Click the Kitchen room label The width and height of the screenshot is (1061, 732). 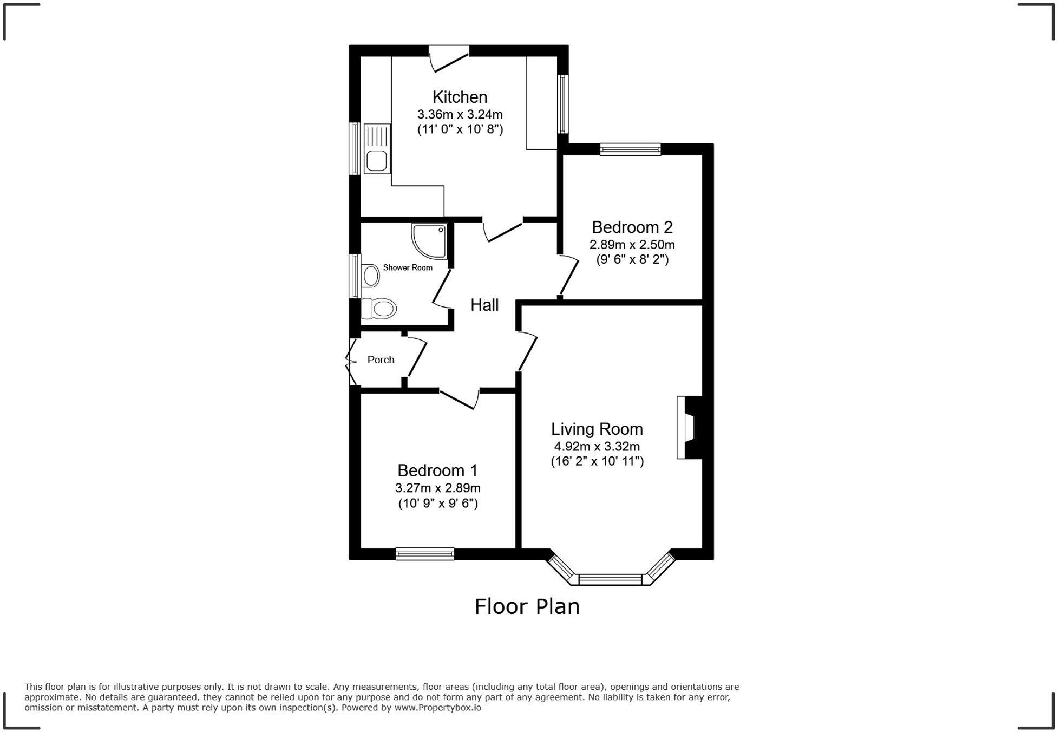[x=460, y=97]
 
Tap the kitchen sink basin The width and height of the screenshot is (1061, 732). [x=376, y=161]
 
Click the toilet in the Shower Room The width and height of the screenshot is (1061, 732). [x=380, y=309]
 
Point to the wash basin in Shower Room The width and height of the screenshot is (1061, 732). [x=371, y=276]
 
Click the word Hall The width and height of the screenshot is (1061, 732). [x=484, y=305]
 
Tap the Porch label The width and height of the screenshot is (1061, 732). [x=381, y=360]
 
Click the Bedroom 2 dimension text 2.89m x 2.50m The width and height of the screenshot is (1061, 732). [x=632, y=245]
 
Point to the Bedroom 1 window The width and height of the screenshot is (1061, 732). [x=424, y=553]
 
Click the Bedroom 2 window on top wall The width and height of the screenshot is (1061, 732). [x=630, y=149]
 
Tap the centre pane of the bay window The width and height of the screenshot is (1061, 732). [x=610, y=580]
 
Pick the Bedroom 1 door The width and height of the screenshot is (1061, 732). [x=459, y=400]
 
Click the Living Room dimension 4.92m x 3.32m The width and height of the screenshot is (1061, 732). [x=597, y=447]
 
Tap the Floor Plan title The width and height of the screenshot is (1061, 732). [x=527, y=607]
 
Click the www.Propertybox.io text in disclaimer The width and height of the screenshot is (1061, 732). [x=437, y=708]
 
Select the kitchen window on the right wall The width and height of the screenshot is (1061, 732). [x=563, y=104]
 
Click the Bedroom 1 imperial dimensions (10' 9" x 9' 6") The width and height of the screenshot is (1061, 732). [x=438, y=504]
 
